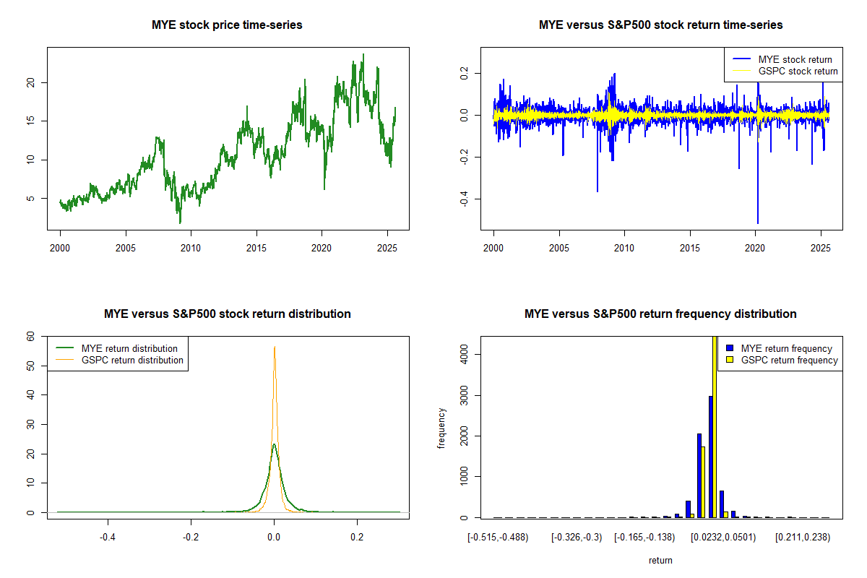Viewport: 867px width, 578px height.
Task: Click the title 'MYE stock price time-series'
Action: click(227, 25)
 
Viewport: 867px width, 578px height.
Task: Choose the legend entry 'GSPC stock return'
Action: click(798, 71)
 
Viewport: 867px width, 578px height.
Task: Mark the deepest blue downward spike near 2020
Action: click(757, 217)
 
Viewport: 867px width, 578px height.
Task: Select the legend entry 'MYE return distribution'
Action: click(129, 348)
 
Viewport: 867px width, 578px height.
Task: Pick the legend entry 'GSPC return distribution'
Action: click(132, 360)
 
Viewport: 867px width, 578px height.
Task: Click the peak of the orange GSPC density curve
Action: click(275, 348)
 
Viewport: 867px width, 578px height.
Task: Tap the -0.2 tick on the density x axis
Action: click(191, 538)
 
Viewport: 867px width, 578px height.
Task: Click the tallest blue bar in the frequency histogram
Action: click(711, 457)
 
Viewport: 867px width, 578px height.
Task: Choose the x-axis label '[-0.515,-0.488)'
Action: click(498, 538)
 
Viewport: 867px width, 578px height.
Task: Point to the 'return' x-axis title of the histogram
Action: click(660, 560)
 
